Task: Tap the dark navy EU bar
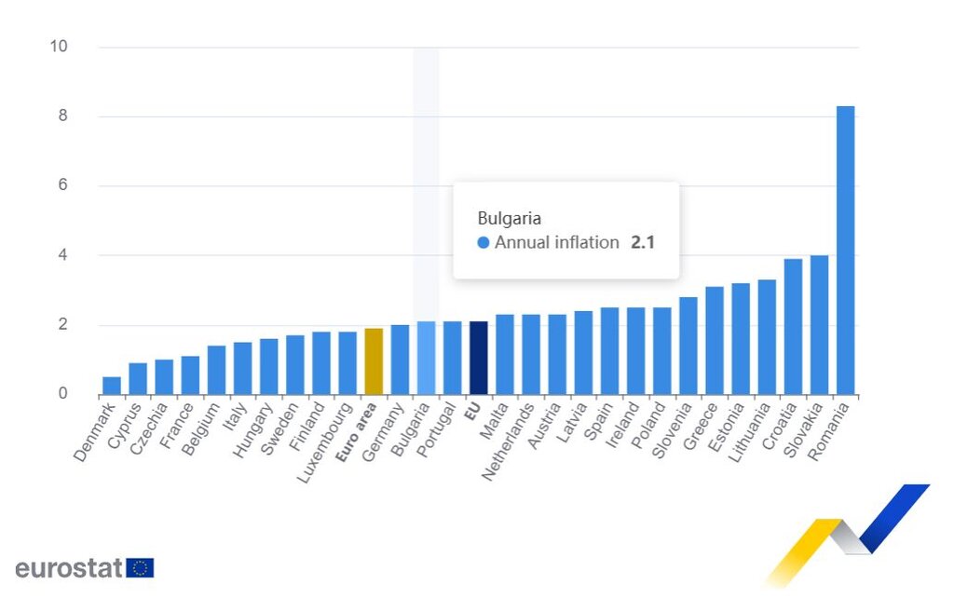pos(478,358)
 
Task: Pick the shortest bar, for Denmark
pos(112,386)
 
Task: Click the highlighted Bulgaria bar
pos(426,358)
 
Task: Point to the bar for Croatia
pos(793,326)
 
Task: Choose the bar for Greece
pos(715,340)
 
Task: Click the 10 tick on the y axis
pos(59,47)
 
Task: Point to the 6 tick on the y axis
pos(62,185)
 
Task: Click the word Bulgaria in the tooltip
pos(509,218)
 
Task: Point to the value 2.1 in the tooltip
pos(642,243)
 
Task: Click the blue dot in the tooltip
pos(483,243)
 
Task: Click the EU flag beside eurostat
pos(141,568)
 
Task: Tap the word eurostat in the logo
pos(69,568)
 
